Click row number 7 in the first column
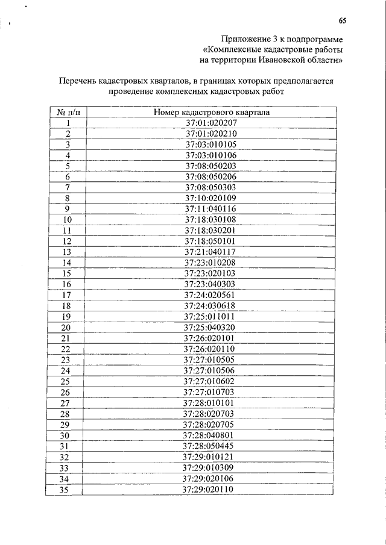(x=68, y=187)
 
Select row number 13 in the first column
(x=68, y=252)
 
